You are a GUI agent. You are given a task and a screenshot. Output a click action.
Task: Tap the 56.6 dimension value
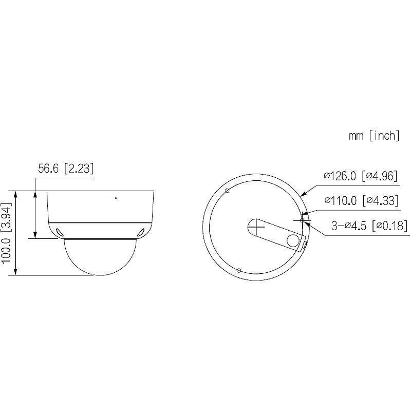(49, 169)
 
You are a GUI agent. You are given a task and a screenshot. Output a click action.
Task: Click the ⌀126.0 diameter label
(340, 176)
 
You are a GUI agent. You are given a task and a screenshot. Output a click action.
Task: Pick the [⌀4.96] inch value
(380, 176)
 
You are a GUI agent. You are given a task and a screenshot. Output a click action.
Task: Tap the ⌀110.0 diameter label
(340, 200)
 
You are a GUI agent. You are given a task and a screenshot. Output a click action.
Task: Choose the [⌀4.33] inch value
(380, 200)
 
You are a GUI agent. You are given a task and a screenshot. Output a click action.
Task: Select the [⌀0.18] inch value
(388, 225)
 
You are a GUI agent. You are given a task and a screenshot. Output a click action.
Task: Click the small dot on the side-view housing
(116, 198)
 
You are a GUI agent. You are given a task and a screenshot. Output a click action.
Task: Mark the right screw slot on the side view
(141, 232)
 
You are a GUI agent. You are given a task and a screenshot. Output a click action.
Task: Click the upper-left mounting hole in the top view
(227, 191)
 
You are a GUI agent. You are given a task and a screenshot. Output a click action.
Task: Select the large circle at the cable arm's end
(293, 240)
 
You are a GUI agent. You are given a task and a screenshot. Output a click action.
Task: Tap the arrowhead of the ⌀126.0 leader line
(302, 195)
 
